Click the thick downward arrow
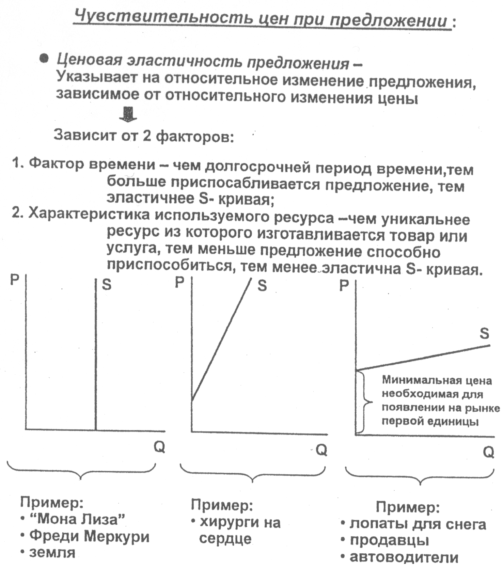pyautogui.click(x=128, y=114)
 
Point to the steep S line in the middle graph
pyautogui.click(x=221, y=341)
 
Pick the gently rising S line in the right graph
pyautogui.click(x=422, y=358)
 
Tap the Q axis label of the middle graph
pyautogui.click(x=321, y=450)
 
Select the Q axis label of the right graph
pyautogui.click(x=488, y=452)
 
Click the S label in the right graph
pyautogui.click(x=484, y=333)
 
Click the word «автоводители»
pyautogui.click(x=404, y=557)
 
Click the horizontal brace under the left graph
pyautogui.click(x=81, y=471)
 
